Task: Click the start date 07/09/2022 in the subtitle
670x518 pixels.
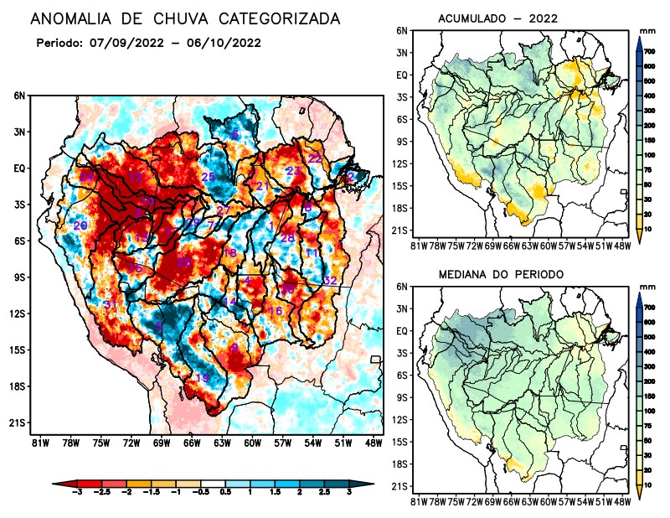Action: (126, 43)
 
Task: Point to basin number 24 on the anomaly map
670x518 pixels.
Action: (86, 177)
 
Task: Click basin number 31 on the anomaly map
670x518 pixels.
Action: (110, 305)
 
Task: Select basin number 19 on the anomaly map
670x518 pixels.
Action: (203, 379)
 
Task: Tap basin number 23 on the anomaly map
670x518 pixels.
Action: (293, 171)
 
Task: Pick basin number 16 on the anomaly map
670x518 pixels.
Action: (274, 311)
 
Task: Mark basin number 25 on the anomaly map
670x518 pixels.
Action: (209, 177)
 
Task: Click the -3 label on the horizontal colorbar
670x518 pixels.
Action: (79, 496)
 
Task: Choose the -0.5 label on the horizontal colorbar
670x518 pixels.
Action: (202, 496)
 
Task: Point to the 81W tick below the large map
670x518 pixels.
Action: (38, 443)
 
